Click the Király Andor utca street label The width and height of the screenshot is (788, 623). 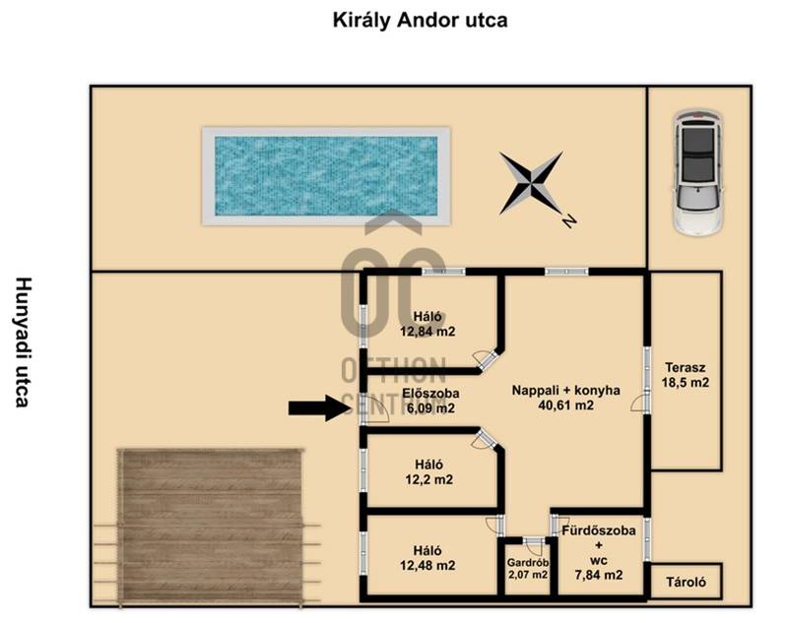pos(420,21)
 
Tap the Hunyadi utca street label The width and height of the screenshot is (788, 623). pos(23,342)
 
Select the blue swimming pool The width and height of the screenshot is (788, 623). pos(326,176)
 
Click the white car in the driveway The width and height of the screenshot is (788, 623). pos(698,172)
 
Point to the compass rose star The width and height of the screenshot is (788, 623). pos(531,183)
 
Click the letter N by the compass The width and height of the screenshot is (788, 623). pos(569,220)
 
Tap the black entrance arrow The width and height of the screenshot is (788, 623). pos(319,407)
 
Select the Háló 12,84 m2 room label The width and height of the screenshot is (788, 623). pos(427,324)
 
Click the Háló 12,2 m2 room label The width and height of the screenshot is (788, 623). pos(428,471)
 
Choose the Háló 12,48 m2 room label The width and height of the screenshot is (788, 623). pos(427,558)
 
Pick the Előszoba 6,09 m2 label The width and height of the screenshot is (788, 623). pos(430,401)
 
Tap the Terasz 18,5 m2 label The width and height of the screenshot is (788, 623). pos(685,375)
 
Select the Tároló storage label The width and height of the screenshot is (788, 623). pos(686,582)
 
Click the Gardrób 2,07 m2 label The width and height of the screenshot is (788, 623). pos(527,569)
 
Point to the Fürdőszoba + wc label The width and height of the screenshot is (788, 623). pos(599,552)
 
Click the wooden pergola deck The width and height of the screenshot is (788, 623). pos(211,527)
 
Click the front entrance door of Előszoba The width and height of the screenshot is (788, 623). pos(373,408)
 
